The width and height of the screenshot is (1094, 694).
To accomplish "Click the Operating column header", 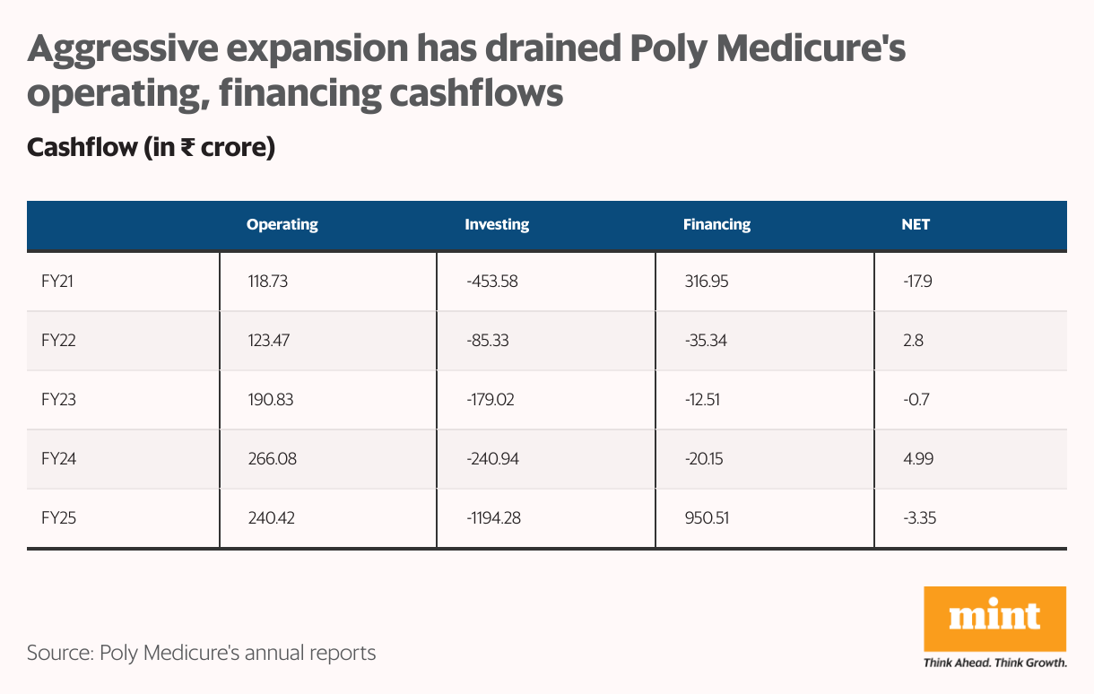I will click(282, 225).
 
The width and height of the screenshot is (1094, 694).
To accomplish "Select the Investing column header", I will click(497, 225).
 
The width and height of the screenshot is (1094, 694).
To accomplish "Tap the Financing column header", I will click(716, 225).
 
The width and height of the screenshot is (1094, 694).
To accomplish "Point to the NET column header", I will click(916, 225).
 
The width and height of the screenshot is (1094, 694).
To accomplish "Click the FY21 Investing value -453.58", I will click(492, 282).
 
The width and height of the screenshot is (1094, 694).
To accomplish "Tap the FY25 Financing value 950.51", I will click(706, 518).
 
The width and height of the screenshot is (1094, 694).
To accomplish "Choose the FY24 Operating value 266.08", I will click(272, 459).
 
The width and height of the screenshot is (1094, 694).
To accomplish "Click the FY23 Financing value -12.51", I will click(704, 400).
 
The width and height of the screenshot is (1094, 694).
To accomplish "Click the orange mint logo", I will click(994, 619).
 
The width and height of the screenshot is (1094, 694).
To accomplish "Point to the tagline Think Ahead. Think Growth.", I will click(994, 664).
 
